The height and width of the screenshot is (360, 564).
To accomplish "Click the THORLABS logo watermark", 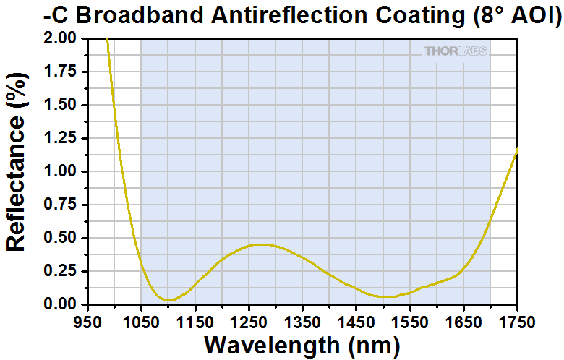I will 456,51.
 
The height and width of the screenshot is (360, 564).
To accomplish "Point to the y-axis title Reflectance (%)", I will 16,171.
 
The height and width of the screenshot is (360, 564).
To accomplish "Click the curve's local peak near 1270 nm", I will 260,244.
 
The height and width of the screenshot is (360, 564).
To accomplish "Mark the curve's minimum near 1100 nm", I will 168,300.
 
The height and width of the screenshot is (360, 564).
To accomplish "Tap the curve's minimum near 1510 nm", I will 388,296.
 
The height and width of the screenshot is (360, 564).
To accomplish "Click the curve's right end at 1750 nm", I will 517,150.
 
